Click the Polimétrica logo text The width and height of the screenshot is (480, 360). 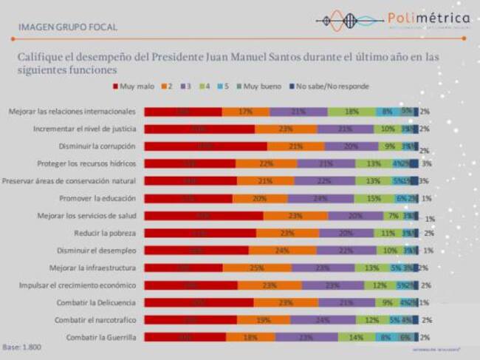pos(428,18)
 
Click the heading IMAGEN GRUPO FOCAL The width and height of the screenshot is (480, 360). pos(67,28)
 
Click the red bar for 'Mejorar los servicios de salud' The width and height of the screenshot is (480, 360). pos(203,216)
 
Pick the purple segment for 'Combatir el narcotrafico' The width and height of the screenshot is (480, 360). pos(320,320)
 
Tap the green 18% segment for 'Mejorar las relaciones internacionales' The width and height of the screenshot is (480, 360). pos(352,112)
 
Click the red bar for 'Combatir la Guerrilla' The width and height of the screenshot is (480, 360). pos(185,337)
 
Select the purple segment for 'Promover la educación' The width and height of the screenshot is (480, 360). pos(320,198)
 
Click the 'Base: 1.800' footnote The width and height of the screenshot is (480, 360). pos(23,347)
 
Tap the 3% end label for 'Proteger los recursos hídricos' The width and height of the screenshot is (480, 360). pos(427,163)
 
